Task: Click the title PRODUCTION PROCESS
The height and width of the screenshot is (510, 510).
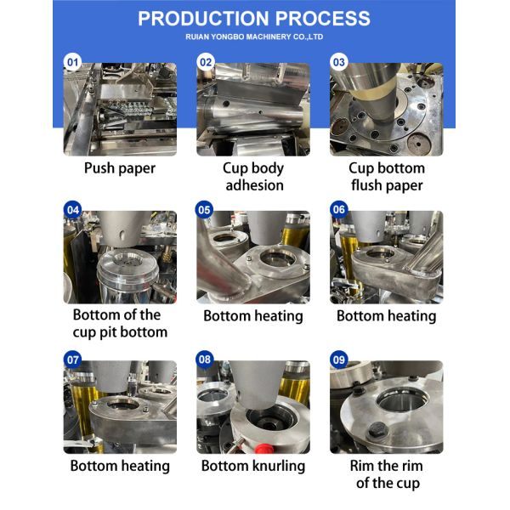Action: tap(254, 19)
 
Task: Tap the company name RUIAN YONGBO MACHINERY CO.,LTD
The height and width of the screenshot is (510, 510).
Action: tap(254, 37)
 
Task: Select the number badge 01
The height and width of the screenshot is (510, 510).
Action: tap(73, 62)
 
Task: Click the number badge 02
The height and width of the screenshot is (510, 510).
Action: tap(206, 62)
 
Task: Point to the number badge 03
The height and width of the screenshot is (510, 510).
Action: tap(339, 62)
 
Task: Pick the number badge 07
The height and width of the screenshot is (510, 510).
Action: tap(73, 360)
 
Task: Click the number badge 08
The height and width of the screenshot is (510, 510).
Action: tap(206, 360)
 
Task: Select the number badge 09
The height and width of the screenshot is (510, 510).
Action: tap(339, 360)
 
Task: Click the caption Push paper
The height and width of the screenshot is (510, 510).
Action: tap(120, 168)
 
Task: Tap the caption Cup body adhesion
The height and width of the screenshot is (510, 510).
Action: tap(252, 177)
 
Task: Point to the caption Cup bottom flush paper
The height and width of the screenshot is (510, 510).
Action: tap(386, 177)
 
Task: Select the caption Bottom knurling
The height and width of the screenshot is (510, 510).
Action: tap(252, 466)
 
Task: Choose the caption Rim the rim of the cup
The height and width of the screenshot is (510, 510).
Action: tap(386, 474)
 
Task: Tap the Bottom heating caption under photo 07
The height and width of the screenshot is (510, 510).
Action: tap(120, 466)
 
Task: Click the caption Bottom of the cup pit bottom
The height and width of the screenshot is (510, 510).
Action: tap(120, 324)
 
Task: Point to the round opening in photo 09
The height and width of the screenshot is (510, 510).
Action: tap(395, 399)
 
